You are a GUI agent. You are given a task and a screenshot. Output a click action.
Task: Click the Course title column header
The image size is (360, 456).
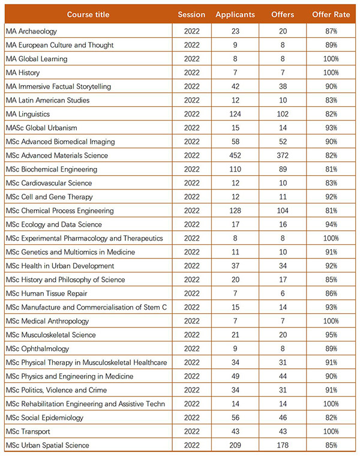coord(88,14)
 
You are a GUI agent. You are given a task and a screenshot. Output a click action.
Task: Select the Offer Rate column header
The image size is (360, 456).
coord(331,14)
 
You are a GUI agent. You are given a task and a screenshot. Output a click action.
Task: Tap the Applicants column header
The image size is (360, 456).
coord(235,15)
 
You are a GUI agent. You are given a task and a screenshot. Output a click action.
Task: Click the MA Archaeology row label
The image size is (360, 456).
coord(31,31)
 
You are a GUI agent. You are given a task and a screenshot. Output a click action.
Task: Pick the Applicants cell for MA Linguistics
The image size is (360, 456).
coord(235,114)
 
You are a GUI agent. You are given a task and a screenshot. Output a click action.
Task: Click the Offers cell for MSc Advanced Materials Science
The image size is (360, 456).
coord(283,155)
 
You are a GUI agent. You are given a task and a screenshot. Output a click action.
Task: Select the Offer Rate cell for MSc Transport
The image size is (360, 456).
coord(331,431)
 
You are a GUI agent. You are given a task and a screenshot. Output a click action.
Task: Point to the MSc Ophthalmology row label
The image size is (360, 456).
coord(38,349)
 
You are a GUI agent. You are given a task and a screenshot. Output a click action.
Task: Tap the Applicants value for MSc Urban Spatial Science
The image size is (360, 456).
coord(235,445)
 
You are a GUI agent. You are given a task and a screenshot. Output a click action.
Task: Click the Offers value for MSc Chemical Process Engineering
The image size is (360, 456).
coord(283,211)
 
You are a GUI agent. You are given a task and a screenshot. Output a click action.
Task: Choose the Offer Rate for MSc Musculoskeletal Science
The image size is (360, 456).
coord(331,335)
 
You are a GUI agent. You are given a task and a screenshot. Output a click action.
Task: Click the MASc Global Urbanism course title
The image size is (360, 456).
coord(41,128)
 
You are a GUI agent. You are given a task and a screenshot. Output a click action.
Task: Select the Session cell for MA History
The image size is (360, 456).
coord(192,73)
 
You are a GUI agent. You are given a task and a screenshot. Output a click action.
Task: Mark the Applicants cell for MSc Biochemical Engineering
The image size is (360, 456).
coord(235,169)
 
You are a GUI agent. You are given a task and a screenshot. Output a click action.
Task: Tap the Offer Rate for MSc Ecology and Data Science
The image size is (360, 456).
coord(331,224)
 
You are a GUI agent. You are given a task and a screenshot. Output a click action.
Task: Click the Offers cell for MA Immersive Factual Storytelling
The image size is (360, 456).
coord(283,86)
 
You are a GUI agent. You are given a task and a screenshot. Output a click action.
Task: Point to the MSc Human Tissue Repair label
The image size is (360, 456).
coord(47,293)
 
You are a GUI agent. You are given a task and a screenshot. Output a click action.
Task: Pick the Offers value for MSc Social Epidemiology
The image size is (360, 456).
coord(283,418)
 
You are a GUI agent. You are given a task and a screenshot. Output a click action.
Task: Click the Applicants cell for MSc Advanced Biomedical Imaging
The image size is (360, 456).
coord(235,142)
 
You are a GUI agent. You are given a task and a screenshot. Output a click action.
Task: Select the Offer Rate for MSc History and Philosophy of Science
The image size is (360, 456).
coord(331,280)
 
